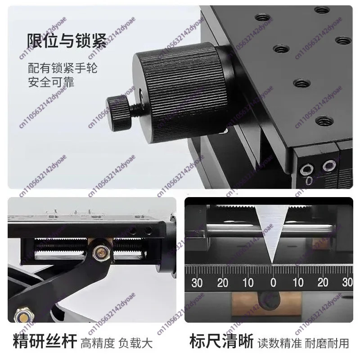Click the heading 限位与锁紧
67,40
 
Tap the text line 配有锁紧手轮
63,68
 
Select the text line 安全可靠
51,82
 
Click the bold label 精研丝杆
45,342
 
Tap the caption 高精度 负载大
117,343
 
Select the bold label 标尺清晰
221,342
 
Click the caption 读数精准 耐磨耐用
303,343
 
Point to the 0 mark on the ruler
273,283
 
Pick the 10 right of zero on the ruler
298,283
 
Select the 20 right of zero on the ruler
323,283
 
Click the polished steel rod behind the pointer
271,228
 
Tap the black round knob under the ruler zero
269,301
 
